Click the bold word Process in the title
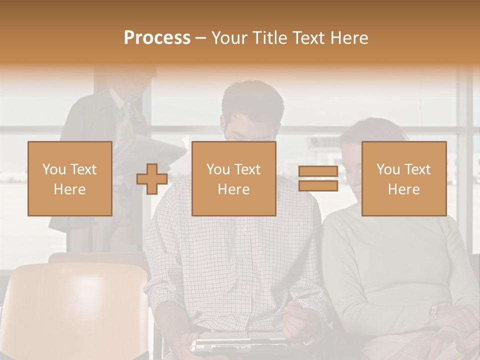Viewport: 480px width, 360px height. pos(157,38)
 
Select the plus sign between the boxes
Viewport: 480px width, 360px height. pos(152,179)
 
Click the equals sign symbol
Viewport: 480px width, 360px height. pos(318,179)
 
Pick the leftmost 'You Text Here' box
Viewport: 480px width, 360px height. pos(69,179)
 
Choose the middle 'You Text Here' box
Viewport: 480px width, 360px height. pos(233,179)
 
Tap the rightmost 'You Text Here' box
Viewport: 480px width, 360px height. pos(403,179)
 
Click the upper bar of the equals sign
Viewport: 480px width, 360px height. pos(318,171)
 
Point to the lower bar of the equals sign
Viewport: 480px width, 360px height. pos(318,186)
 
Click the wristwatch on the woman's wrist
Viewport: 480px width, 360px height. pos(433,315)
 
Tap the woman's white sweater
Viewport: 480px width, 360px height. pos(390,260)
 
